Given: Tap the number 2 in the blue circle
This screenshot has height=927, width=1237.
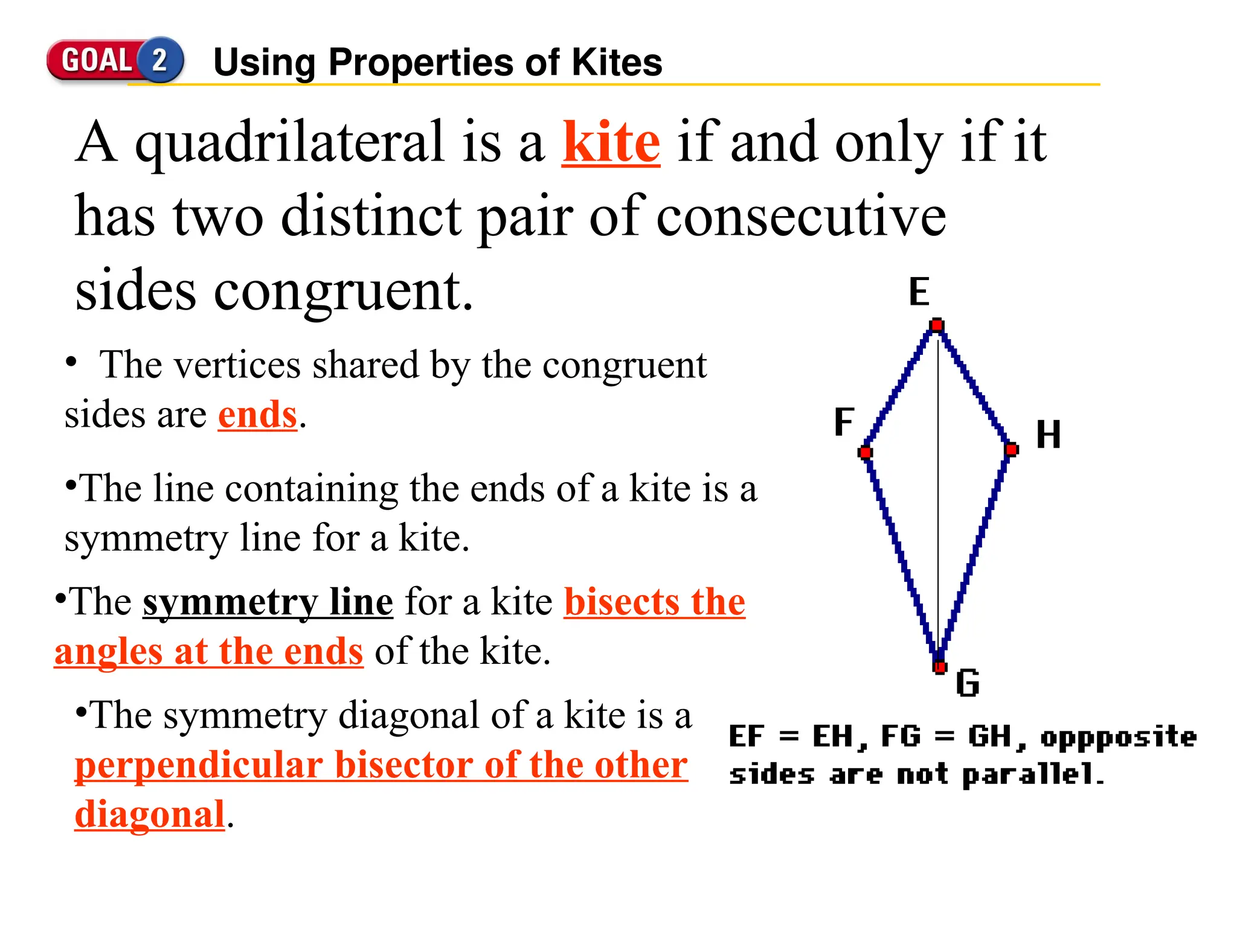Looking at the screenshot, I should pyautogui.click(x=160, y=60).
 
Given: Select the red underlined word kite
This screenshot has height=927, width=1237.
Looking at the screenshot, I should pyautogui.click(x=611, y=142).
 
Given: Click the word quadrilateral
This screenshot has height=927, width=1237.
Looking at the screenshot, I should pyautogui.click(x=290, y=142).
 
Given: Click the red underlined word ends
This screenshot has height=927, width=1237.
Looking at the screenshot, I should pyautogui.click(x=257, y=415).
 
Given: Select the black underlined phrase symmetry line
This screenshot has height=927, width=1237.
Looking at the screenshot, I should pyautogui.click(x=268, y=602).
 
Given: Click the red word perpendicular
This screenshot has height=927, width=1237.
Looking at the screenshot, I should pyautogui.click(x=199, y=765).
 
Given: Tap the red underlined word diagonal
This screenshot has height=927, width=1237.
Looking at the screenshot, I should pyautogui.click(x=150, y=815).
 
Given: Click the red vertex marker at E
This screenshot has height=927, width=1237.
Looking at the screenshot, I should pyautogui.click(x=937, y=326).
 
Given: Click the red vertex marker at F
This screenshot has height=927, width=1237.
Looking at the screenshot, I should pyautogui.click(x=866, y=453).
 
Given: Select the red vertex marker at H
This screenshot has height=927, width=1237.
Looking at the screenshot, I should pyautogui.click(x=1012, y=450).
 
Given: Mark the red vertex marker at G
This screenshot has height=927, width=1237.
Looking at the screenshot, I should pyautogui.click(x=939, y=667).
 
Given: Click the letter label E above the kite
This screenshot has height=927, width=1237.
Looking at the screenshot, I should pyautogui.click(x=919, y=292).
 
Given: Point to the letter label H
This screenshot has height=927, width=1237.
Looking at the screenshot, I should pyautogui.click(x=1048, y=435).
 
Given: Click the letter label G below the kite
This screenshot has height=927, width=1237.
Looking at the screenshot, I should pyautogui.click(x=967, y=684).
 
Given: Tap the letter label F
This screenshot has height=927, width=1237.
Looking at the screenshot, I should pyautogui.click(x=844, y=421).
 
